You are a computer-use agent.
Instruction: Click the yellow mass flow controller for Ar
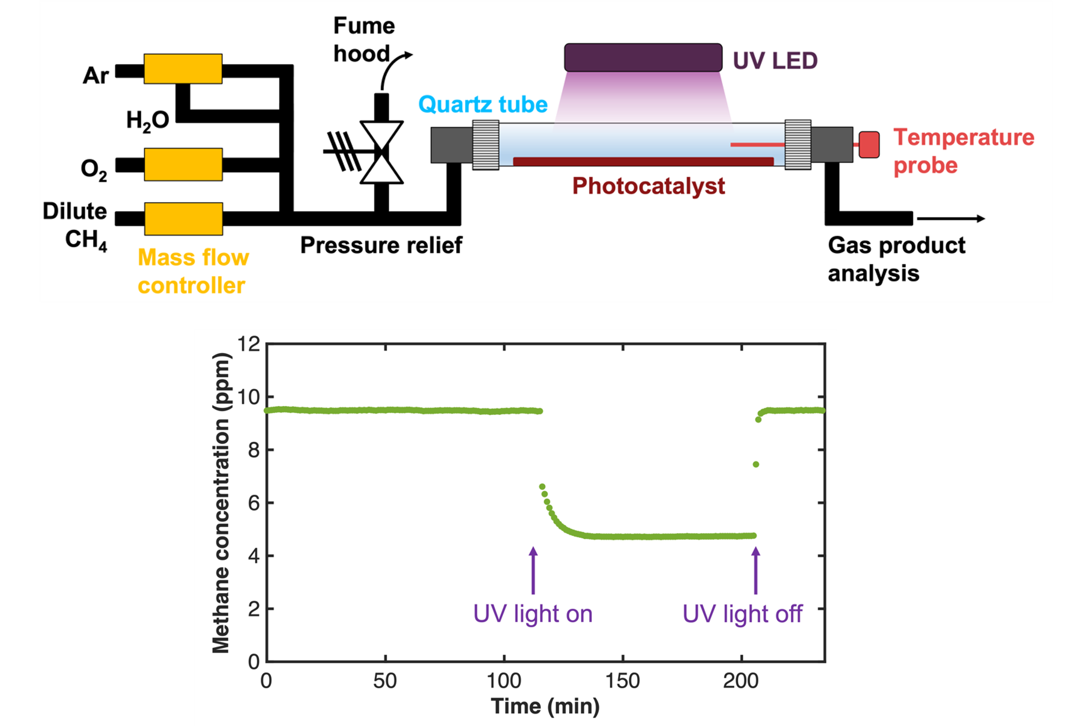[183, 69]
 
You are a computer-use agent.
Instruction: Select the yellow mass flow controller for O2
[183, 164]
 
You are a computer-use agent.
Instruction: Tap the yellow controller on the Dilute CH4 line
[184, 218]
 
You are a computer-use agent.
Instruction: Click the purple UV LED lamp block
[643, 58]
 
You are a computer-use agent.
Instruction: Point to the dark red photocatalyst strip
[643, 162]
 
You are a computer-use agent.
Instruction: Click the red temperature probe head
[869, 144]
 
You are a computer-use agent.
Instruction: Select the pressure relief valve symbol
[381, 152]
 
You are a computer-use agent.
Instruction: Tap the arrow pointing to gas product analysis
[951, 218]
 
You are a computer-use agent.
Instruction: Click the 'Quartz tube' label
[483, 104]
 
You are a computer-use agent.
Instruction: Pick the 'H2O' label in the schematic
[147, 121]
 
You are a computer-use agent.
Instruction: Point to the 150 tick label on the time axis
[622, 681]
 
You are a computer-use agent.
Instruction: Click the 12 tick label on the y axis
[249, 344]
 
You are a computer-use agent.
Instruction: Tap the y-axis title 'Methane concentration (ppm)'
[221, 503]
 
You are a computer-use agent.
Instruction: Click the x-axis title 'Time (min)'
[545, 706]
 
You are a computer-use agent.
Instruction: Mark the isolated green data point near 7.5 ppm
[756, 464]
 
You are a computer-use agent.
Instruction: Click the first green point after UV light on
[542, 487]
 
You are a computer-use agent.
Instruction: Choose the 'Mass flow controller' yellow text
[193, 271]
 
